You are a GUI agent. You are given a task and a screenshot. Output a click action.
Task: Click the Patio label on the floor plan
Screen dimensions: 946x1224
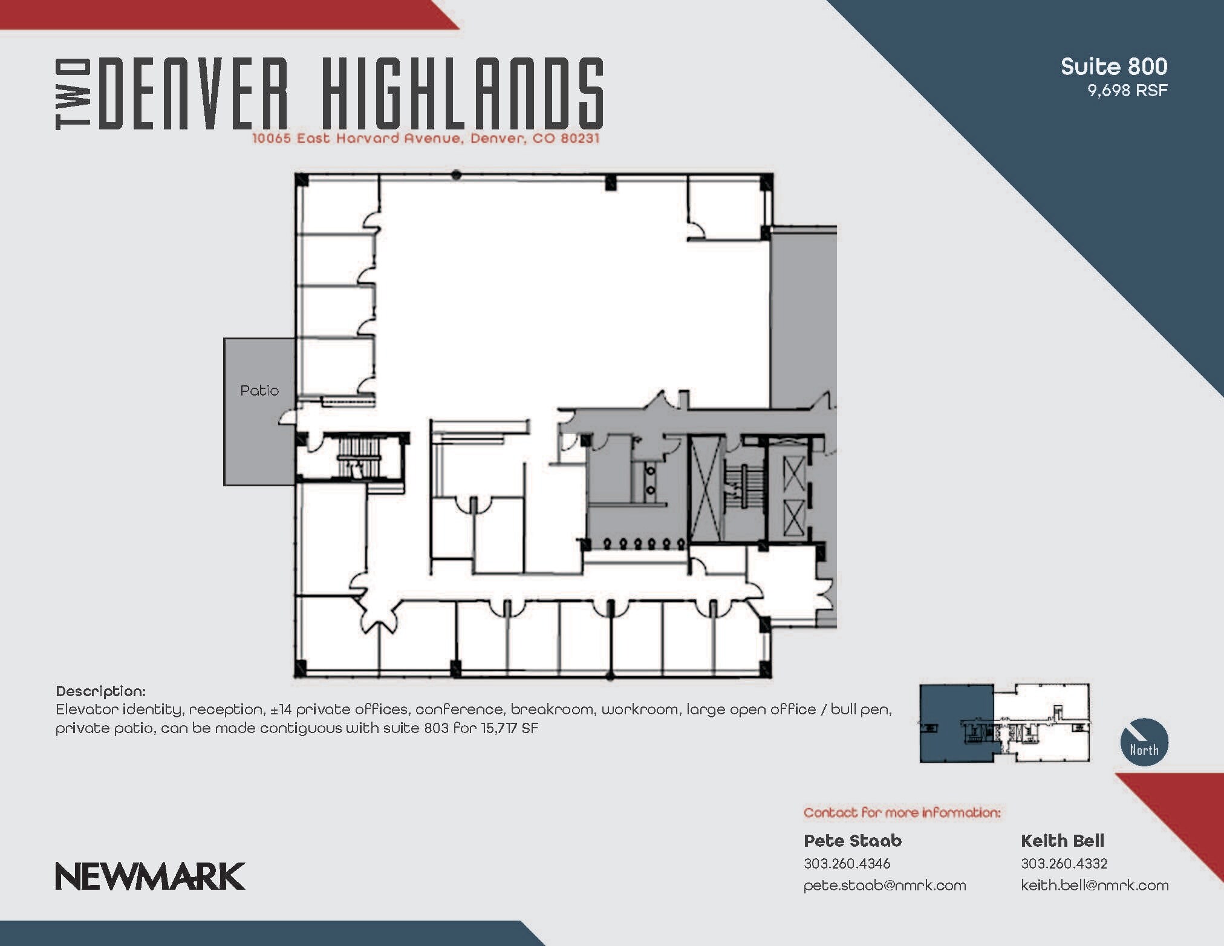pos(259,391)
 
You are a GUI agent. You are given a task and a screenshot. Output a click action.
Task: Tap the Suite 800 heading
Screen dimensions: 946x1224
pos(1113,67)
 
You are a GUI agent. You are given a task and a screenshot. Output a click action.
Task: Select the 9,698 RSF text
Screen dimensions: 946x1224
pos(1127,91)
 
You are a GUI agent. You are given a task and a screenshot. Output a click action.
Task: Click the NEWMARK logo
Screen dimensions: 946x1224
pos(150,876)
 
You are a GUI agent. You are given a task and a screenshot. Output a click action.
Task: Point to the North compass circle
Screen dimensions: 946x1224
pos(1144,742)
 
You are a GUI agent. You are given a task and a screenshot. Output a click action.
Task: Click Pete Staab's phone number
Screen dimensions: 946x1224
pos(847,863)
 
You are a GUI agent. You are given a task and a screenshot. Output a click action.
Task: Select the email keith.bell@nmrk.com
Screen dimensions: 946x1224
pos(1094,886)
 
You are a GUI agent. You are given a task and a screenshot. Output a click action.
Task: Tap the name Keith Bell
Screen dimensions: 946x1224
pos(1062,841)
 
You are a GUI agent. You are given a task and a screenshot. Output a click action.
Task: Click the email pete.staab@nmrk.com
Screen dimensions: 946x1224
pos(884,886)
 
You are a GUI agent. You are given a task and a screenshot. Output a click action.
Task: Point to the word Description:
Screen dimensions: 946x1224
pos(100,691)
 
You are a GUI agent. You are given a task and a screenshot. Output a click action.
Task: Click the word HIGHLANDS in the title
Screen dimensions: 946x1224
pos(463,94)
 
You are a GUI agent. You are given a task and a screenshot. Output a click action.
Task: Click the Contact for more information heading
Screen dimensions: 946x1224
pos(902,812)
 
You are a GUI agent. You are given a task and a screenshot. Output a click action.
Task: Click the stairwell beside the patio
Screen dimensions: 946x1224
pos(357,458)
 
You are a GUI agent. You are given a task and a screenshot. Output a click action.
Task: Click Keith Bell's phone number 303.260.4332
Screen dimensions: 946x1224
pos(1064,863)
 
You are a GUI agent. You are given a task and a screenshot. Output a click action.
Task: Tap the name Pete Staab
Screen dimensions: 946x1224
pos(852,841)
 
